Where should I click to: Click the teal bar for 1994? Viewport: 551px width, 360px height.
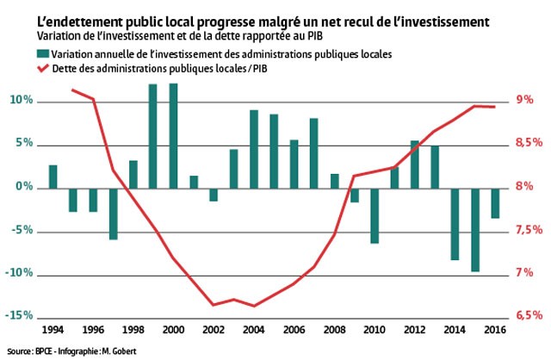(x=53, y=176)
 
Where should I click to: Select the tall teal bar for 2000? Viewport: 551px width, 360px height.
(x=173, y=135)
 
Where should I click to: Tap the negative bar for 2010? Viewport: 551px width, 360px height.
(x=375, y=214)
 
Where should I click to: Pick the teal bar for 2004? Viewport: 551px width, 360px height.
(x=254, y=148)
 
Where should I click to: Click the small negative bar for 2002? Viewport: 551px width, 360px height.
(x=214, y=194)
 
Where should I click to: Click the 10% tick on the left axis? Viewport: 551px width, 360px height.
(x=21, y=101)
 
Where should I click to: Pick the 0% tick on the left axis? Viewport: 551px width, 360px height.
(x=24, y=187)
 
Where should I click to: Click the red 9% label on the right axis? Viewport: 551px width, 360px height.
(x=524, y=101)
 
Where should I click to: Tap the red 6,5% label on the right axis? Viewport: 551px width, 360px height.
(x=529, y=315)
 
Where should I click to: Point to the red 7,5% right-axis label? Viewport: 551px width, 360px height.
(x=529, y=230)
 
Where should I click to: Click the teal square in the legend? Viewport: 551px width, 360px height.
(x=42, y=54)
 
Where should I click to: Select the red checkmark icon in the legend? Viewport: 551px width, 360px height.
(x=42, y=68)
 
